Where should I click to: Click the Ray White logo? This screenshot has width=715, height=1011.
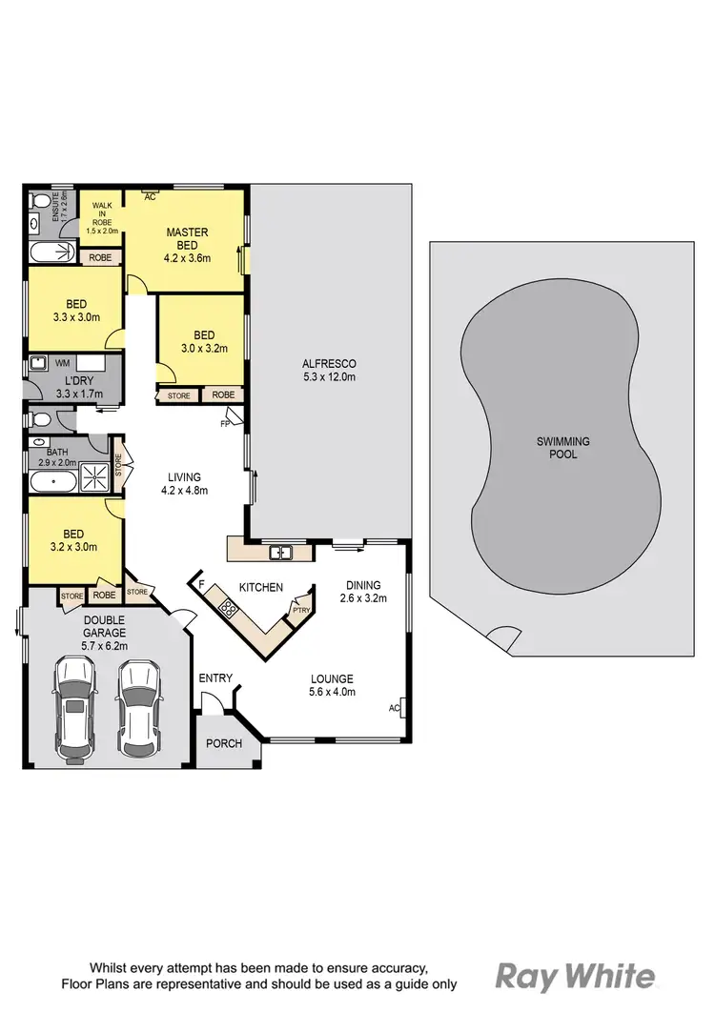[x=576, y=975]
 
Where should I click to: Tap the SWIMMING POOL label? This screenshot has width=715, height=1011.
[x=562, y=448]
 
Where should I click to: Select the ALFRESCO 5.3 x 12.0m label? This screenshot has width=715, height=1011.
[x=329, y=370]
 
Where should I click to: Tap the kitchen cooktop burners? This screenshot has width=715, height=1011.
[x=228, y=606]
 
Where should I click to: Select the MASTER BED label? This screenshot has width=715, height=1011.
[x=187, y=238]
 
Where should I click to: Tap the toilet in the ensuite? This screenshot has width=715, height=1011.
[x=39, y=201]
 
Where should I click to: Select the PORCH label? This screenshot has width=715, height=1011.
[x=225, y=743]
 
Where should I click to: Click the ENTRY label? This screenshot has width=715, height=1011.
[x=215, y=677]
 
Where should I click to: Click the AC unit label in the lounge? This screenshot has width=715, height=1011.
[x=395, y=708]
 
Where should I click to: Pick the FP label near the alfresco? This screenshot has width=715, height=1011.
[x=226, y=423]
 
